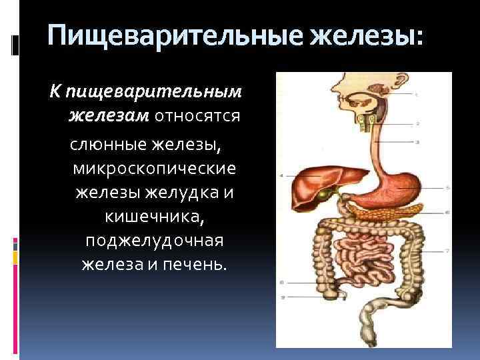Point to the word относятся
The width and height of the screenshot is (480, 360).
click(197, 116)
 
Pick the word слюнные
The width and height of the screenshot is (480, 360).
click(105, 143)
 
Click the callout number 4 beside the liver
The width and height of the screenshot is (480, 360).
click(282, 175)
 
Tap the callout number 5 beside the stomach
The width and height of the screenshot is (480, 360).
click(448, 187)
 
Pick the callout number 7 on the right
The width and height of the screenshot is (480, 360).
click(448, 251)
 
